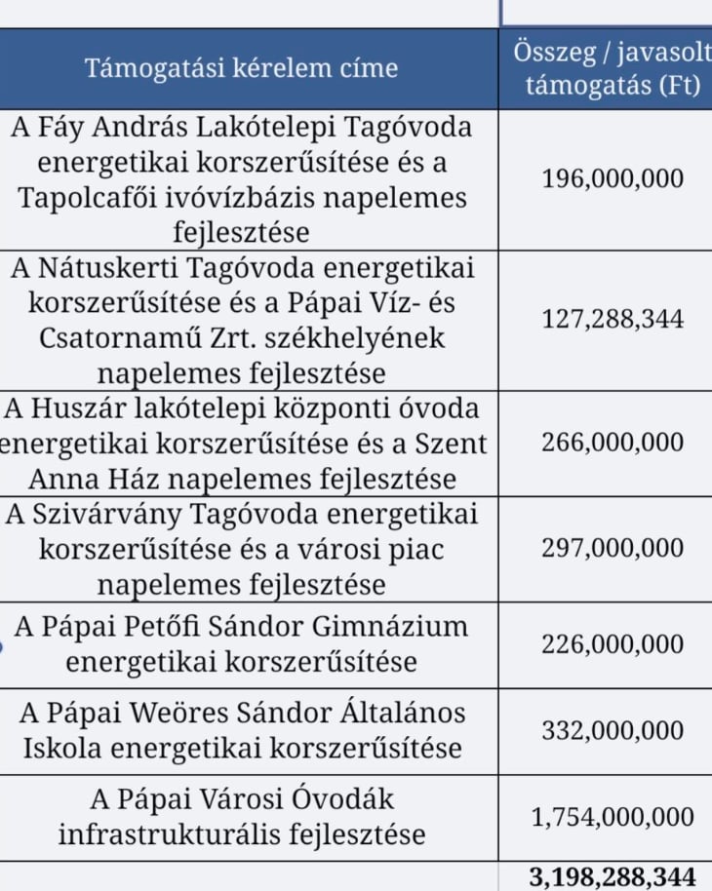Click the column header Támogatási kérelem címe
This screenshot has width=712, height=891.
point(242,68)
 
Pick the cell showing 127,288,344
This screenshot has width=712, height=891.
point(613,319)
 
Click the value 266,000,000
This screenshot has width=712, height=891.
point(613,442)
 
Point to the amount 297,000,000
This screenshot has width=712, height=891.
point(613,548)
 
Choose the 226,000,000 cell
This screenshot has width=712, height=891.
point(613,644)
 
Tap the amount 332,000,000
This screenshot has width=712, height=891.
point(613,731)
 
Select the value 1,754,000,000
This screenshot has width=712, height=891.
point(613,817)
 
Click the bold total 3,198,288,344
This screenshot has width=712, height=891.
point(613,876)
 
